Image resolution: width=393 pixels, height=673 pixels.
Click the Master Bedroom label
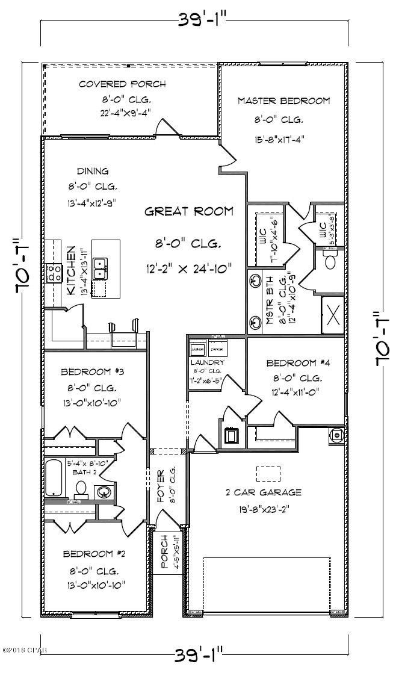(x=283, y=101)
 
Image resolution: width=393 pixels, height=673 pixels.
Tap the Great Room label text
(x=188, y=211)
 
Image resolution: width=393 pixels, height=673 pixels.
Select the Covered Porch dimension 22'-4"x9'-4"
(x=122, y=113)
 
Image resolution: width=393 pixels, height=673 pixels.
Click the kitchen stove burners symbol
(x=55, y=273)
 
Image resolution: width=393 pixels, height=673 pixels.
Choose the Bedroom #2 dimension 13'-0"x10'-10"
(x=96, y=584)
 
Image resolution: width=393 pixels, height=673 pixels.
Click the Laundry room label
(x=207, y=362)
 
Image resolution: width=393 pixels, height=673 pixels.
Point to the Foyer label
(x=161, y=485)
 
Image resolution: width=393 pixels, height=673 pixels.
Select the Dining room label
(x=93, y=171)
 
